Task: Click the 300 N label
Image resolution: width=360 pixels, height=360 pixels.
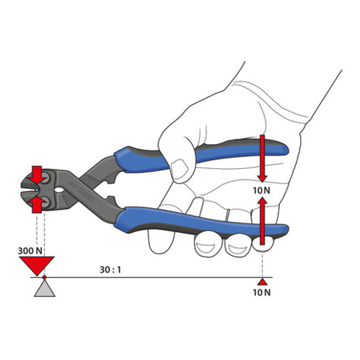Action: click(30, 251)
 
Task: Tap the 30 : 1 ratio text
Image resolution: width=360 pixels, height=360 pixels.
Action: click(110, 270)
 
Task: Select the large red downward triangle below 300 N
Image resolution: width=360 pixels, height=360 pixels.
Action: click(37, 265)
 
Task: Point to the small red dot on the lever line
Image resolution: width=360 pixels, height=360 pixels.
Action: click(44, 277)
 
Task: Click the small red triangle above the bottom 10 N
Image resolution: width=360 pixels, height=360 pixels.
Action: click(262, 282)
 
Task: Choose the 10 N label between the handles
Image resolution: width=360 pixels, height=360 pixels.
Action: click(262, 190)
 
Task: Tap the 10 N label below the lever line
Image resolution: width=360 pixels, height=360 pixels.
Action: click(262, 292)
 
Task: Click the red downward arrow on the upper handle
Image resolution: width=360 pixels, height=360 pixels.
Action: click(262, 159)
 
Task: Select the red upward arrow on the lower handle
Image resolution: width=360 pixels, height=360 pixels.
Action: click(262, 221)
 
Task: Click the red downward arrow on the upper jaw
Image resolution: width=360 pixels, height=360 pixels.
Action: click(37, 175)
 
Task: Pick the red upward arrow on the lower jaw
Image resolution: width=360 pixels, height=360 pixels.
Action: click(37, 204)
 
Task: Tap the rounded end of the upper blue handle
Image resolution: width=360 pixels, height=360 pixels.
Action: click(284, 149)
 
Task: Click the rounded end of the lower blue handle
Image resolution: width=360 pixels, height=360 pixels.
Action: click(284, 229)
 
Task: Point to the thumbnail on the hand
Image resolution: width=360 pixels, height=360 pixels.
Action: click(180, 169)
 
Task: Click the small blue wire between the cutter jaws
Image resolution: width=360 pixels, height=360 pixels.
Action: click(37, 190)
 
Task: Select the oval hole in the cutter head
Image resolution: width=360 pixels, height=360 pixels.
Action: click(60, 190)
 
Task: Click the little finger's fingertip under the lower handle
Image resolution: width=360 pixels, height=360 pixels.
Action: click(263, 244)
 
